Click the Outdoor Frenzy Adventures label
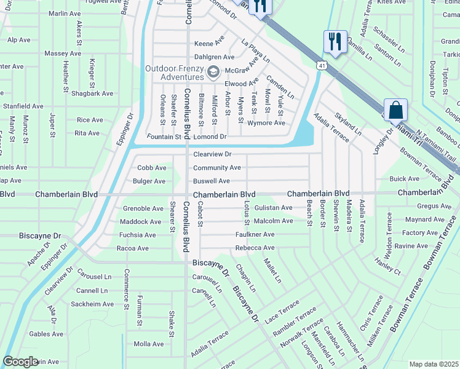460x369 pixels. (175, 73)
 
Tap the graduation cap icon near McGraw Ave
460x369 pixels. (213, 72)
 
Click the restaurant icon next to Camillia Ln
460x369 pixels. (335, 42)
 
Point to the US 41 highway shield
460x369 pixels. (322, 65)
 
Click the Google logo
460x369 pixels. (20, 362)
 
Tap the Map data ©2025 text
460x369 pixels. (434, 364)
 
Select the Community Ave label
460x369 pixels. (217, 168)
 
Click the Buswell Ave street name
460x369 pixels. (212, 181)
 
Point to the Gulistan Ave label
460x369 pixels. (274, 208)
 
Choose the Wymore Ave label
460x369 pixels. (266, 123)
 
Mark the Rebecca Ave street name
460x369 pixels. (255, 248)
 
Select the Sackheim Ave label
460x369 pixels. (92, 304)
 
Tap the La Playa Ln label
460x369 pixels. (255, 52)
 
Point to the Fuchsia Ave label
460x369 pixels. (138, 235)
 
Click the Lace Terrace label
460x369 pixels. (282, 312)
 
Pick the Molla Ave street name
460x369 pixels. (149, 344)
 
